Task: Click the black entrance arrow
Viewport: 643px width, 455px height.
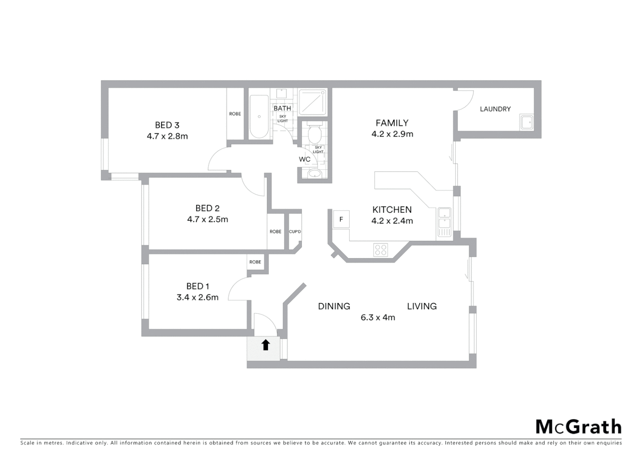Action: click(265, 345)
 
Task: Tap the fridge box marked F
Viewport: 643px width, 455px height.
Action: click(341, 219)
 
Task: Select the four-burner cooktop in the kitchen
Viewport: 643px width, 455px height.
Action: click(380, 250)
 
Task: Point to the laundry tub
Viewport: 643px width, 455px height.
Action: click(526, 123)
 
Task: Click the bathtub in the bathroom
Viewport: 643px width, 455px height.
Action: click(259, 117)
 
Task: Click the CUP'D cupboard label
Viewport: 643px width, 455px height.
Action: click(295, 232)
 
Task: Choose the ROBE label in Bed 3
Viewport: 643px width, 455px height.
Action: click(235, 114)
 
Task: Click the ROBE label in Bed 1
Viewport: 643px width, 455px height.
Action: click(255, 262)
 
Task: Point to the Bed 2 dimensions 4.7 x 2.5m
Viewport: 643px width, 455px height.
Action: click(207, 219)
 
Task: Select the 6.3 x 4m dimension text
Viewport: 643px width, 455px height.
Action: click(377, 318)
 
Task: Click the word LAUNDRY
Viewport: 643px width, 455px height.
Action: click(495, 109)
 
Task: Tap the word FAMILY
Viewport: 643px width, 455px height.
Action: click(392, 123)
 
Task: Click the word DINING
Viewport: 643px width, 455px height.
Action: click(334, 306)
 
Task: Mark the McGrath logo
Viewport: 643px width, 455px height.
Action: click(578, 427)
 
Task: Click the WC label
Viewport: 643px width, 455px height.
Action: click(304, 159)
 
